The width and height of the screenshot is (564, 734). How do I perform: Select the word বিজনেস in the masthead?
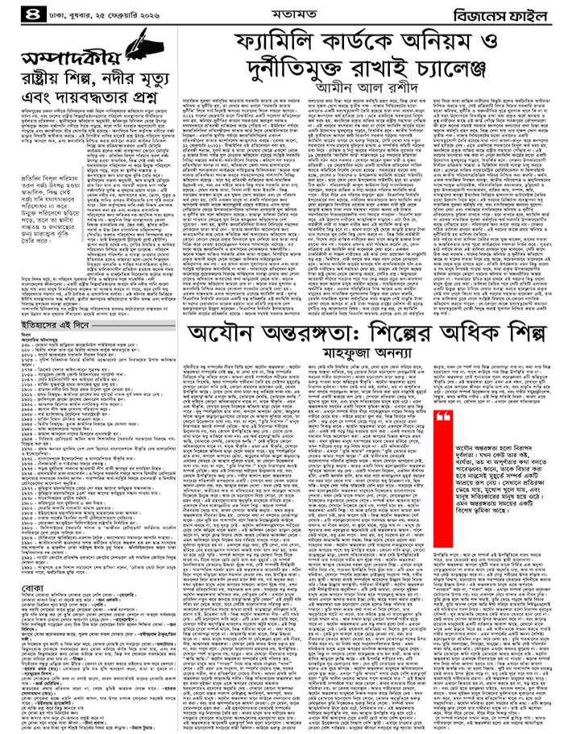[476, 14]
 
